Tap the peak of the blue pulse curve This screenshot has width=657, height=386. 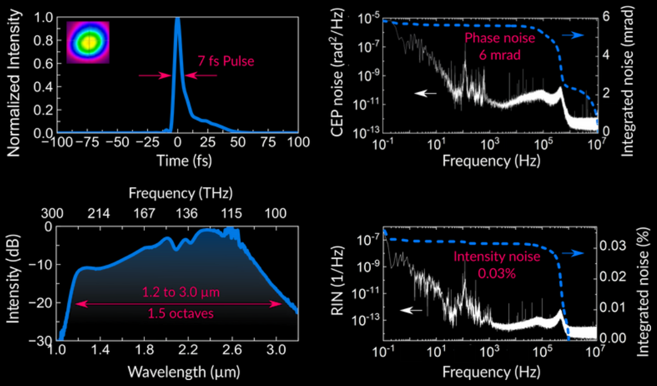(177, 19)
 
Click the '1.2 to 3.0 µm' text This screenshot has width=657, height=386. (176, 293)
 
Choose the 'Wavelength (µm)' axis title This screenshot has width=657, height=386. (177, 372)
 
